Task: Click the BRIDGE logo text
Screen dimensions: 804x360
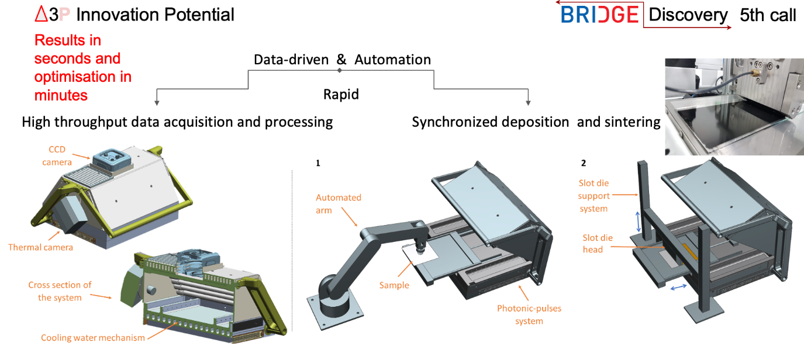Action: coord(599,15)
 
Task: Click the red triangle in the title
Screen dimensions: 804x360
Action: coord(41,15)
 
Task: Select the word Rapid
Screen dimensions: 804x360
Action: coord(341,94)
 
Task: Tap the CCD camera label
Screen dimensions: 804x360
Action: coord(57,155)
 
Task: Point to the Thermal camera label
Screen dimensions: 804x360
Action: coord(40,247)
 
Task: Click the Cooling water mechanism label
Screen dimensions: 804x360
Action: coord(93,338)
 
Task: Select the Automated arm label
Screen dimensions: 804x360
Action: coord(339,203)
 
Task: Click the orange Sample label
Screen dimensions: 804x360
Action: coord(394,285)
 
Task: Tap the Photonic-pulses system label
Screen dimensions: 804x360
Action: coord(529,314)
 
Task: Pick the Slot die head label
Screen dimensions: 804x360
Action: coord(598,244)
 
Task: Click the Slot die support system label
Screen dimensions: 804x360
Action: coord(593,196)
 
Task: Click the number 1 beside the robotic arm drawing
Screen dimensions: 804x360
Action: coord(318,163)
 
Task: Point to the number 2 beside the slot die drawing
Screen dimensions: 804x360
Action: coord(584,163)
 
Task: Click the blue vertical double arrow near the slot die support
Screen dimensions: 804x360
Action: coord(638,221)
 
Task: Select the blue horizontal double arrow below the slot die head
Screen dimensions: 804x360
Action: coord(678,287)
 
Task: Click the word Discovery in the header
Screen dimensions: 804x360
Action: coord(688,15)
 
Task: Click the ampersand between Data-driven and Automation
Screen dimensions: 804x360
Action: coord(341,60)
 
